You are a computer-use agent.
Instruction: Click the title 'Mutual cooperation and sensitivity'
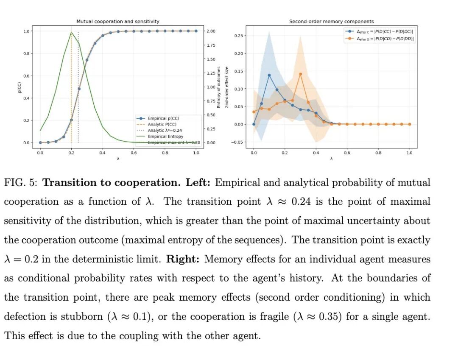point(118,21)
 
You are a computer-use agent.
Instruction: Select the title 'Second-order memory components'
point(331,21)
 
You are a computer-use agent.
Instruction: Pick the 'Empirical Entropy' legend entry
point(165,137)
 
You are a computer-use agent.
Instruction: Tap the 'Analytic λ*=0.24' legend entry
point(165,131)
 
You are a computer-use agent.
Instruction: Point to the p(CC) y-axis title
point(20,87)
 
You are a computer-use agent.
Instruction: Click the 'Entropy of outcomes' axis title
point(219,87)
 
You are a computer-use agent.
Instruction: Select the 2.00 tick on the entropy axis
point(210,31)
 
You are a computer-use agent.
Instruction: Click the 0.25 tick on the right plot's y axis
point(239,36)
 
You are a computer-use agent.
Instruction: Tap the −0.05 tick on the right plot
point(237,142)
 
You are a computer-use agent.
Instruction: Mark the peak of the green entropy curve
point(71,32)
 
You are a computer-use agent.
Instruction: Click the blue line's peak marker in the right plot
point(269,75)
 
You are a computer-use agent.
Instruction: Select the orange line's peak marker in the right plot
point(300,74)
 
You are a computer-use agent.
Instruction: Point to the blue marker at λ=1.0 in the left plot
point(196,31)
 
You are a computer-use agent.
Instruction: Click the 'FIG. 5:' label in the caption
point(21,183)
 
